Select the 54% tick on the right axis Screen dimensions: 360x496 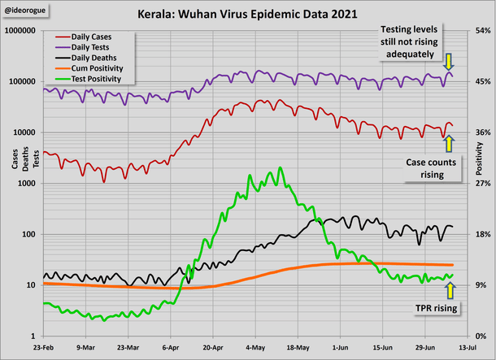pyautogui.click(x=481, y=31)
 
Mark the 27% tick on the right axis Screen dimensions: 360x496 pyautogui.click(x=481, y=184)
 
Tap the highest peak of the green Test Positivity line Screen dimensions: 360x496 pyautogui.click(x=281, y=168)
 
